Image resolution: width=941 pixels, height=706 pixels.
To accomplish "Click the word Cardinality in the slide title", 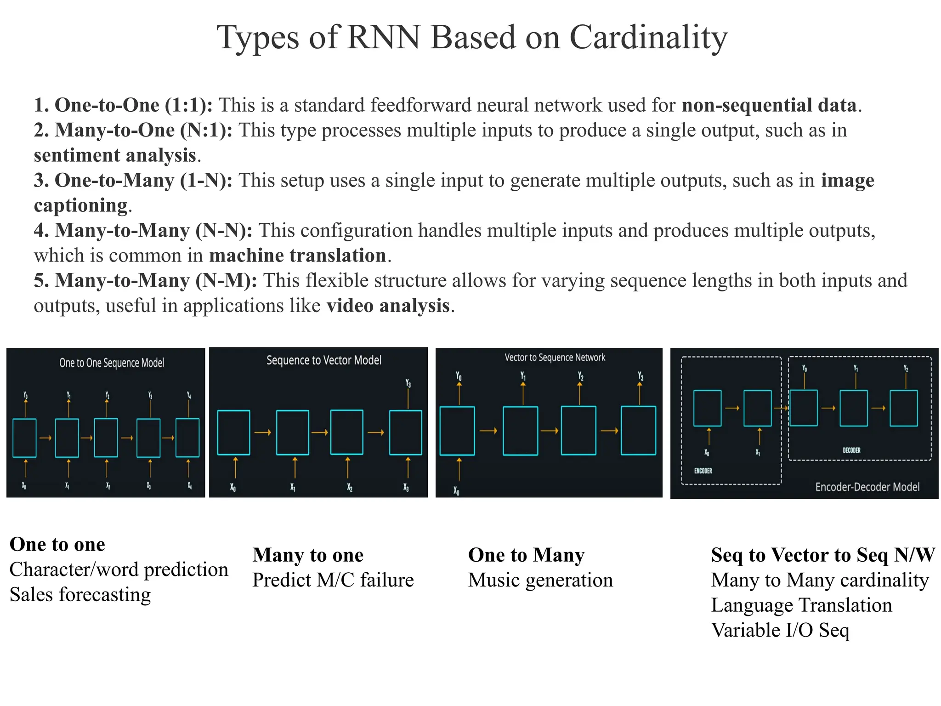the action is tap(648, 38).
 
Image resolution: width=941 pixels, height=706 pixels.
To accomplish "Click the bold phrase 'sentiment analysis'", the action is tap(115, 155).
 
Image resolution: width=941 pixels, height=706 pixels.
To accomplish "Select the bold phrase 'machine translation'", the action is tap(298, 256).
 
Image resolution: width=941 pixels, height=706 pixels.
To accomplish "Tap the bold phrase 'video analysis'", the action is tap(388, 306).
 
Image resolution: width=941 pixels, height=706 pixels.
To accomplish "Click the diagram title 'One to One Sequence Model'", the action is tap(112, 363).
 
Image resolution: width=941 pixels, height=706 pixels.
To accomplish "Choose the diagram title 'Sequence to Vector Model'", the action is tap(324, 360).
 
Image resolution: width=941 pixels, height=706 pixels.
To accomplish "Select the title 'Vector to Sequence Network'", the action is tap(555, 358).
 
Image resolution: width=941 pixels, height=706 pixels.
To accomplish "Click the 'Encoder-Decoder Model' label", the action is tap(867, 487).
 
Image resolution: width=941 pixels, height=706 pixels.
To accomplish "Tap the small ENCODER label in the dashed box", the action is tap(703, 471).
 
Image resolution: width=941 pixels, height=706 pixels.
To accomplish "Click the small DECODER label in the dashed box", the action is tap(851, 450).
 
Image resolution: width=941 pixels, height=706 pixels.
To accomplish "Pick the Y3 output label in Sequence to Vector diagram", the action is tap(408, 383).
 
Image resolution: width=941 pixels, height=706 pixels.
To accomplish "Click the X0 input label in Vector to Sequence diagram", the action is tap(456, 491).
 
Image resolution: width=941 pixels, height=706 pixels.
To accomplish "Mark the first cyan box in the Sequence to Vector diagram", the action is tap(233, 433).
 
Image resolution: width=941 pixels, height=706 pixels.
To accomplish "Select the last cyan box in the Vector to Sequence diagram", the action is tap(638, 431).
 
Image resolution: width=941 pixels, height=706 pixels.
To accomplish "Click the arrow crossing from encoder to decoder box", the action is tap(781, 408).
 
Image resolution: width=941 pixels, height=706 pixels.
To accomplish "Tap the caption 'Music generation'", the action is tap(540, 580).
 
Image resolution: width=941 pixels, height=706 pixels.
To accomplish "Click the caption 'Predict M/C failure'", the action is tap(333, 580).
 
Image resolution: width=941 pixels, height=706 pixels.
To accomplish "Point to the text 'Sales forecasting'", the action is tap(80, 595).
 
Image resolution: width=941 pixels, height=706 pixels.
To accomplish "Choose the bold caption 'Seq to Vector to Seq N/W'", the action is tap(822, 555).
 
